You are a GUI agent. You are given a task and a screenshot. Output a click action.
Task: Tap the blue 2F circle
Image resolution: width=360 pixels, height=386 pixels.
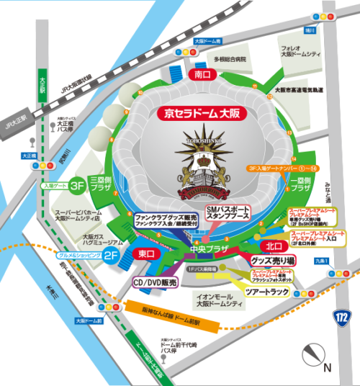[x=112, y=255]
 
